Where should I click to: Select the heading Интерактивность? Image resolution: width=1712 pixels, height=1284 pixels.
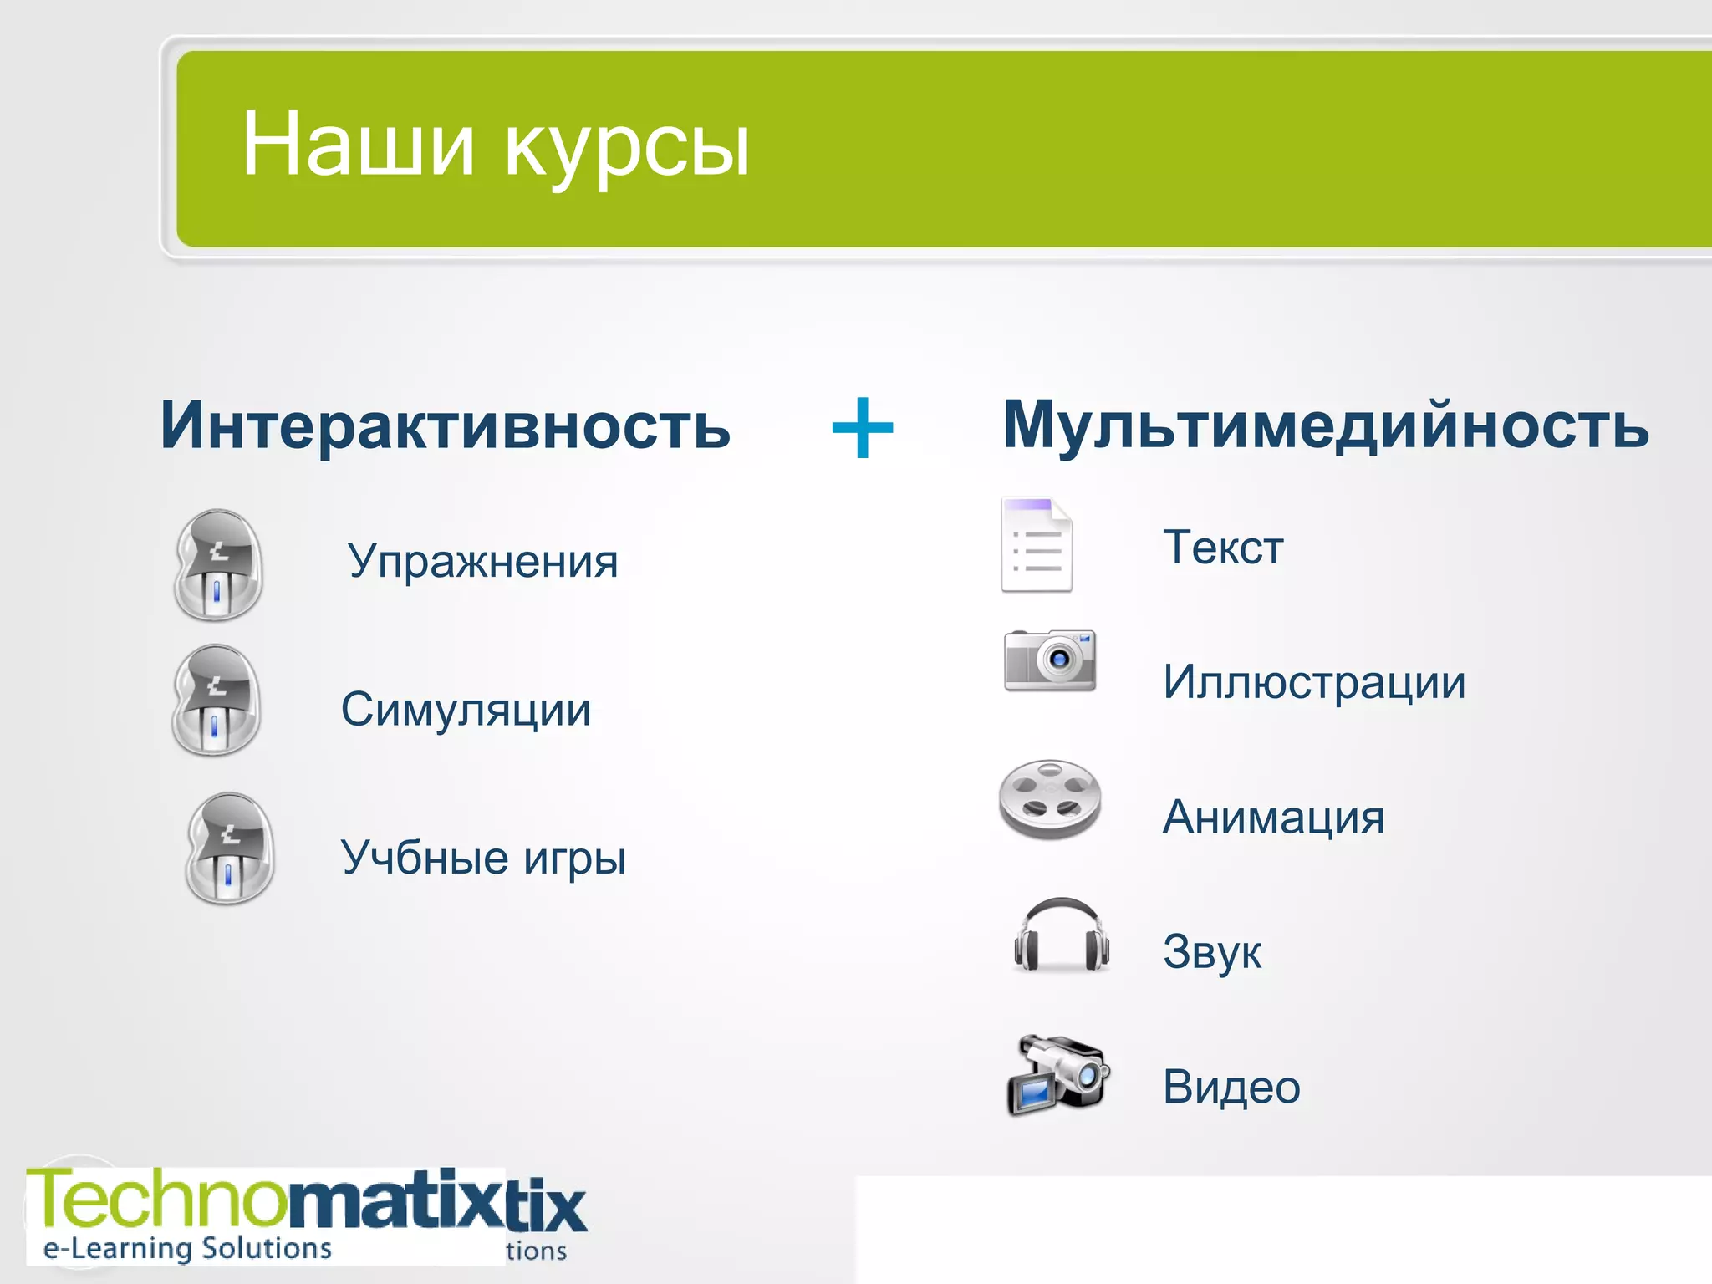click(445, 425)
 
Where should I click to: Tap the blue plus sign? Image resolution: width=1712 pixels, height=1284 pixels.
click(863, 428)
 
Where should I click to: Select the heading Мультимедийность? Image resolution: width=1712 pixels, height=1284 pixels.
click(1325, 425)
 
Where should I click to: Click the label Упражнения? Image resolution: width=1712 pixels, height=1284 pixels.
click(483, 562)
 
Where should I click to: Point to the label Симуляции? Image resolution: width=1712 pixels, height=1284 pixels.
click(466, 710)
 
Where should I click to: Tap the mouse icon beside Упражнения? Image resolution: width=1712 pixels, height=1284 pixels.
click(218, 565)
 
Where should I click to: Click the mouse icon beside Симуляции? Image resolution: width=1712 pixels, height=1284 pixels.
click(216, 701)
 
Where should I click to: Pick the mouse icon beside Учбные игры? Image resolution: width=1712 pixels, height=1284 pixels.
click(229, 848)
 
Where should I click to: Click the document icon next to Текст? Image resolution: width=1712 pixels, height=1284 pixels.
click(1037, 545)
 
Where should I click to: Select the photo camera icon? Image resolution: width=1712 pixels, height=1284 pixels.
click(1050, 660)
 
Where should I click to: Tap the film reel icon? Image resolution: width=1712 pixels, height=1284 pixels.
click(1050, 799)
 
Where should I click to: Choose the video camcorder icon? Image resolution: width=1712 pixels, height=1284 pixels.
click(1058, 1076)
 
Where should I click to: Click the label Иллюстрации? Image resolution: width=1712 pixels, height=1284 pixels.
click(1314, 683)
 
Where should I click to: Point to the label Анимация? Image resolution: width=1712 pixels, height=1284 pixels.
click(1273, 818)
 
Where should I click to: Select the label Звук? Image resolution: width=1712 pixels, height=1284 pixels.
click(1212, 952)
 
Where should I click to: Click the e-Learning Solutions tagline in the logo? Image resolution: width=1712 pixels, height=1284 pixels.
click(188, 1248)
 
